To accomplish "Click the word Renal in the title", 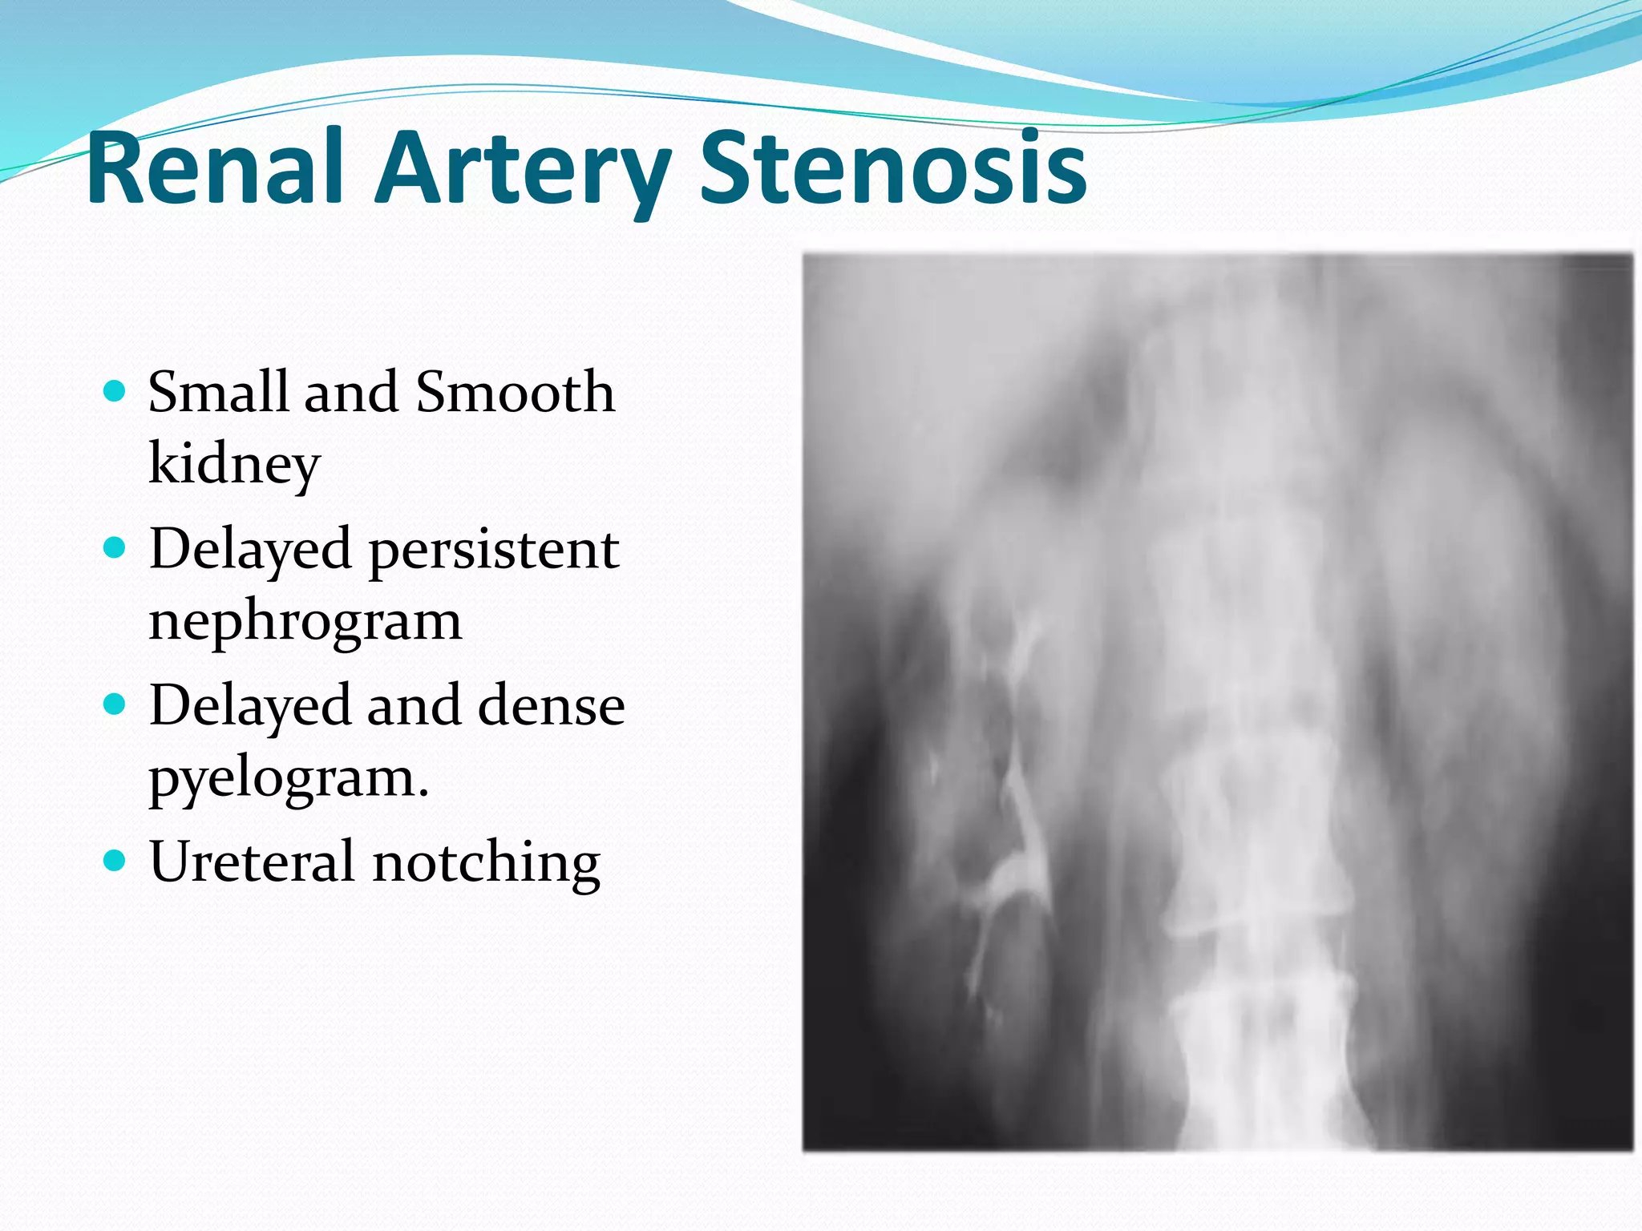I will coord(215,168).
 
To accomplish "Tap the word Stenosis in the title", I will coord(892,168).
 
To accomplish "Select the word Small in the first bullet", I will coord(217,392).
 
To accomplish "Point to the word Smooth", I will coord(516,392).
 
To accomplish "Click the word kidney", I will coord(234,465).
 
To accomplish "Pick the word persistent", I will coord(494,551).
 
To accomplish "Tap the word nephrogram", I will coord(305,622).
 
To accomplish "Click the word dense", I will coord(551,706).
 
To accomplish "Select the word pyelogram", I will coord(289,778).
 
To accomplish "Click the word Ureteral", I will coord(252,862).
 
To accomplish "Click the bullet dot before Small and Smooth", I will coord(115,392).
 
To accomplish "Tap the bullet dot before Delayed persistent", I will coord(115,548).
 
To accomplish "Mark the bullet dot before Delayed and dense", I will coord(115,705).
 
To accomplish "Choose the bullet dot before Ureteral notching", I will coord(115,862).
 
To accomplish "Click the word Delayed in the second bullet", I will coord(250,551).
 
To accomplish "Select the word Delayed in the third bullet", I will coord(250,706).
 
